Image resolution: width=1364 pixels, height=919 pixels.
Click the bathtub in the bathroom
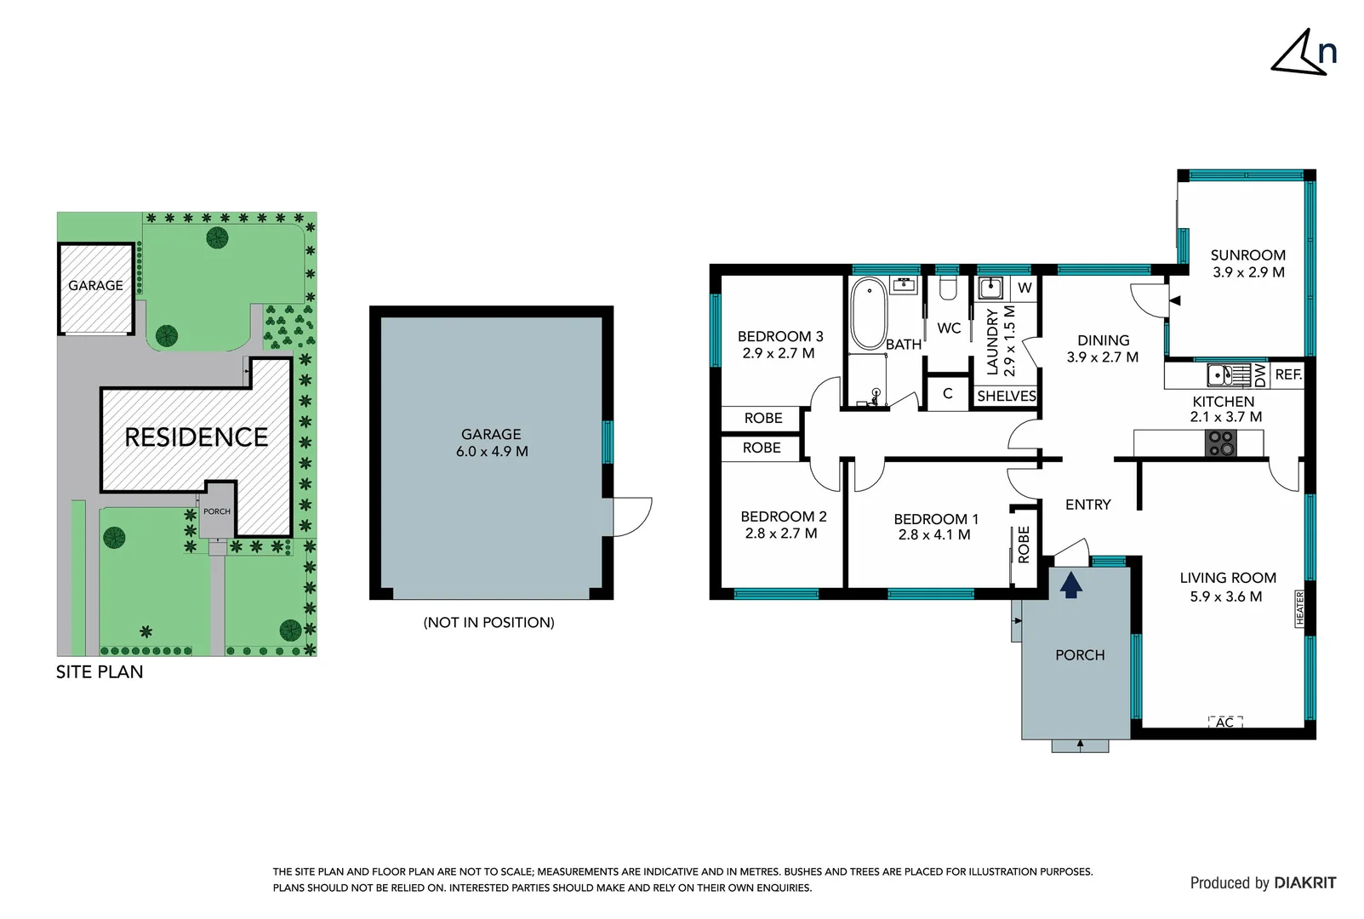(869, 313)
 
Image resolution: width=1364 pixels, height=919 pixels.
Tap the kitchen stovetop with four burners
(1221, 442)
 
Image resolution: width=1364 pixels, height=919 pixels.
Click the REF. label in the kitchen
(1287, 374)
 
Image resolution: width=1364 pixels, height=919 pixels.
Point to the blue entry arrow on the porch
(1070, 585)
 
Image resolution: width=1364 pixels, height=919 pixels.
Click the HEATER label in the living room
(1299, 608)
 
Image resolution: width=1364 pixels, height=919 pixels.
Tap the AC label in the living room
(1224, 722)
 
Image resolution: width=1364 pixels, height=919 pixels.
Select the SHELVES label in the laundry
(1006, 397)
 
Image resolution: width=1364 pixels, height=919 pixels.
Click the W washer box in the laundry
(1024, 288)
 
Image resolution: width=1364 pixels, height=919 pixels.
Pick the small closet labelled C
(947, 394)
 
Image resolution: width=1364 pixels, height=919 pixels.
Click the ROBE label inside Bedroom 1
(1024, 545)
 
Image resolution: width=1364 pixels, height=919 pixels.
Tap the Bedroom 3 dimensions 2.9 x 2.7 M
(778, 353)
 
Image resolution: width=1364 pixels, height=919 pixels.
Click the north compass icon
(1304, 53)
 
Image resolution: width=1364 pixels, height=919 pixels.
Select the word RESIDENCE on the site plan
(196, 437)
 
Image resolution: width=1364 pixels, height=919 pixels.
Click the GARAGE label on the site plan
(95, 286)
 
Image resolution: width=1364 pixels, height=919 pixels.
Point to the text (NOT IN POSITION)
(488, 623)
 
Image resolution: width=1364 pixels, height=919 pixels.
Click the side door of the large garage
(631, 517)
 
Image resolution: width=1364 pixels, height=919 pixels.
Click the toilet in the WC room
(949, 288)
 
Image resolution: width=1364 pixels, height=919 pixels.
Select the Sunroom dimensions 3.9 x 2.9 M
(1247, 272)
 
